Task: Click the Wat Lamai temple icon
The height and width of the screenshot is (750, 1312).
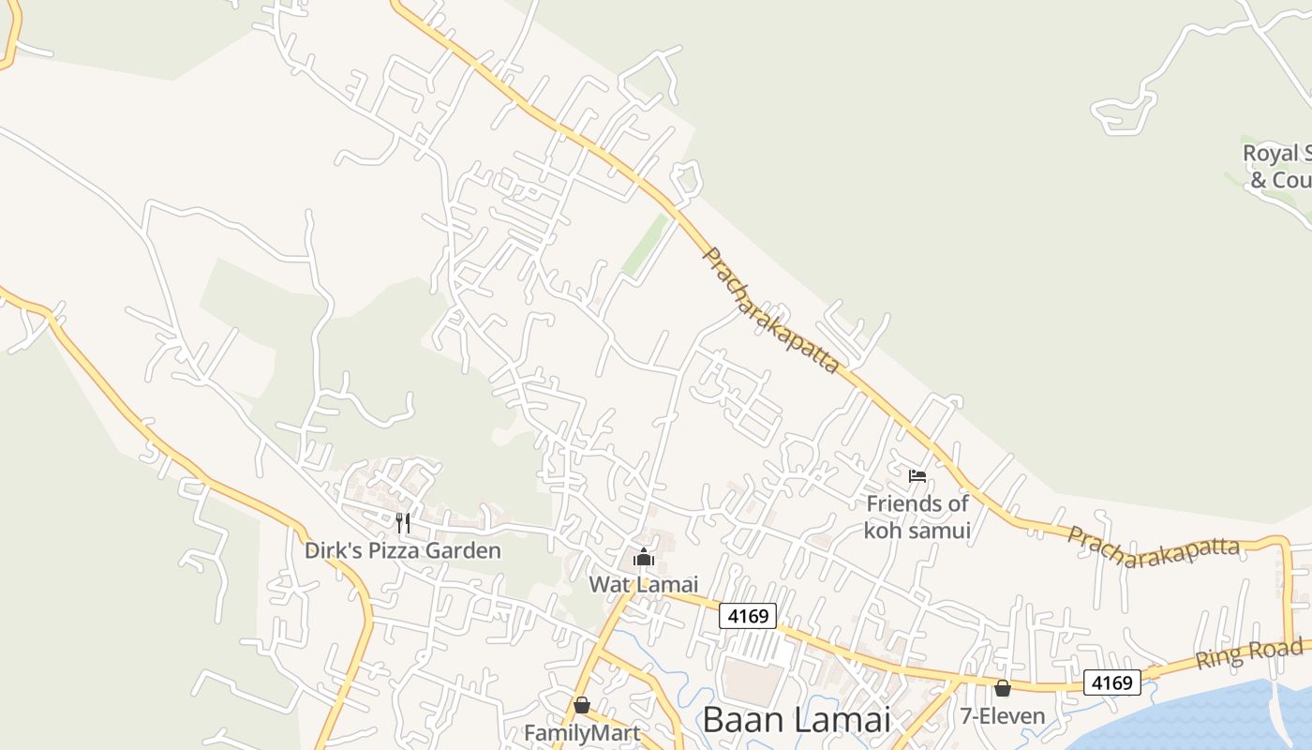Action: [x=644, y=558]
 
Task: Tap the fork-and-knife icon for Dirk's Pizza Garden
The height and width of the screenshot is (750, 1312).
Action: [x=403, y=522]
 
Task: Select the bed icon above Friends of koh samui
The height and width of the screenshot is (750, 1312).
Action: [x=917, y=476]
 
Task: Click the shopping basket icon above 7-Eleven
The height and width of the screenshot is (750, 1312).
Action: [x=1003, y=688]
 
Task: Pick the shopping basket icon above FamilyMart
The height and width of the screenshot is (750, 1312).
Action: [x=582, y=704]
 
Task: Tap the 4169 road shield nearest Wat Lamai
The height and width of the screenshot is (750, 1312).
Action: [x=748, y=616]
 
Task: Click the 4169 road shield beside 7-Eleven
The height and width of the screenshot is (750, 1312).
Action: [x=1112, y=682]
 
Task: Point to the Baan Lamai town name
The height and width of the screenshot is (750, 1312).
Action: [x=796, y=720]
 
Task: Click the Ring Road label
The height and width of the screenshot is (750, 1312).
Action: [x=1248, y=653]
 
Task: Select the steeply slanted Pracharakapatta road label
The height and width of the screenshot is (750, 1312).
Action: [x=770, y=310]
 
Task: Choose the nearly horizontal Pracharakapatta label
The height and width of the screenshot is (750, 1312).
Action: [x=1154, y=547]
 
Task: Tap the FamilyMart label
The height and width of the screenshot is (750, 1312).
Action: [x=582, y=732]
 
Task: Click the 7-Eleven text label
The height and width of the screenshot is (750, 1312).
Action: [x=1002, y=716]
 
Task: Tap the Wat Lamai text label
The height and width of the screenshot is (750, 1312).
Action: [x=644, y=584]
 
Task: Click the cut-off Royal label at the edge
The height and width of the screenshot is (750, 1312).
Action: [x=1271, y=153]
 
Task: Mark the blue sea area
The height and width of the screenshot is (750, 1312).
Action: [x=1218, y=717]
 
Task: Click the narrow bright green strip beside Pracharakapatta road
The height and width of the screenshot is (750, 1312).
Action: [x=645, y=246]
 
